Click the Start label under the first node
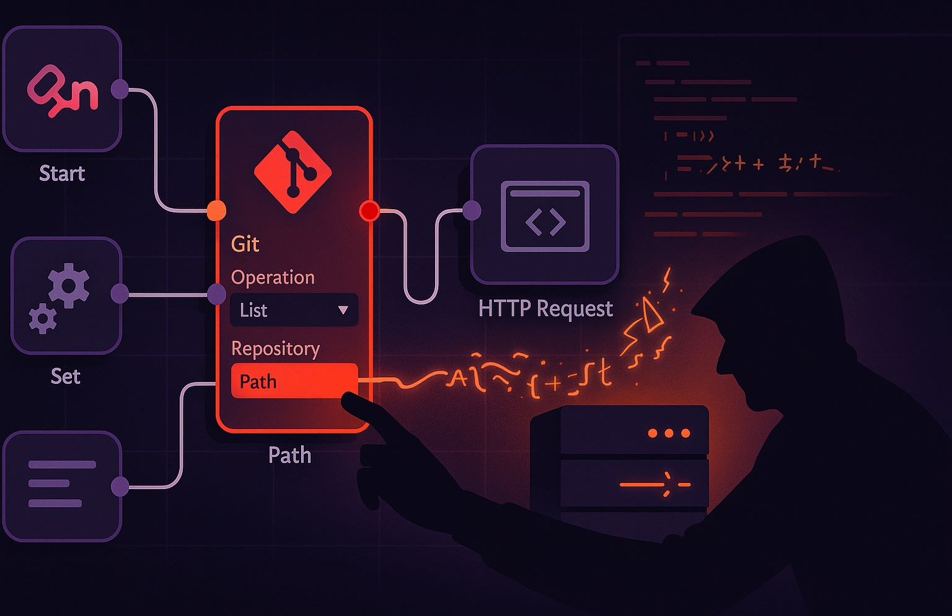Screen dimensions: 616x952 click(x=62, y=173)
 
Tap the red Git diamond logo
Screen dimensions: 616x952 click(x=293, y=172)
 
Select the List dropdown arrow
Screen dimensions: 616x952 click(x=343, y=310)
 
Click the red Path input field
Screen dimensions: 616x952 click(x=294, y=381)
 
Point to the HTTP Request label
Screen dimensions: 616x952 click(x=545, y=308)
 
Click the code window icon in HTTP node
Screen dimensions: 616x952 click(x=545, y=216)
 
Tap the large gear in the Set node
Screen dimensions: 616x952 click(x=69, y=285)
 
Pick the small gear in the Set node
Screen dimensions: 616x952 click(x=43, y=318)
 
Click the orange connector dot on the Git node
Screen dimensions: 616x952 click(x=216, y=210)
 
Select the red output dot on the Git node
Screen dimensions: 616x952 click(x=369, y=210)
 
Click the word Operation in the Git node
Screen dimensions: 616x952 click(x=273, y=277)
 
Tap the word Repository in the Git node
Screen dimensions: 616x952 click(x=275, y=349)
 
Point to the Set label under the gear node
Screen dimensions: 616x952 click(x=65, y=376)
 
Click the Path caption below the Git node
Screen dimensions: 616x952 click(x=289, y=455)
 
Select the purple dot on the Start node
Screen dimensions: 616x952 click(x=120, y=89)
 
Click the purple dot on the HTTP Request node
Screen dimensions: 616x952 click(x=472, y=210)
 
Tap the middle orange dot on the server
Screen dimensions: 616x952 click(x=669, y=433)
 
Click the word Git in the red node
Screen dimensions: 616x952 click(x=245, y=244)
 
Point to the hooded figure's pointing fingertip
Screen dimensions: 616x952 click(x=346, y=401)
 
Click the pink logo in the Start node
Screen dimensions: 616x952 click(x=62, y=92)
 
